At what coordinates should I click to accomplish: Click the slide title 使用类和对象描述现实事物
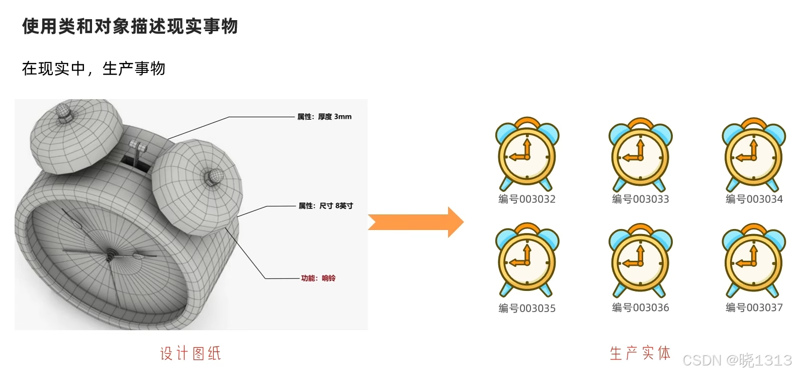coord(130,26)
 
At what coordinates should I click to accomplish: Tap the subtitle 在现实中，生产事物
coord(94,68)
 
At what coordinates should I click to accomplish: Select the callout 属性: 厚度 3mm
coord(324,117)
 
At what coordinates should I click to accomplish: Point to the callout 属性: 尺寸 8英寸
coord(326,206)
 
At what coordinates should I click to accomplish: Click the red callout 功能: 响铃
coord(318,278)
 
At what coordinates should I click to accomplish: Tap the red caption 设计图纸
coord(191,353)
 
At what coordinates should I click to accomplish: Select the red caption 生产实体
coord(640,353)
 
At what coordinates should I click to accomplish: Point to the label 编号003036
coord(640,308)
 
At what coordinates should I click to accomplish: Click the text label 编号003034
coord(754,199)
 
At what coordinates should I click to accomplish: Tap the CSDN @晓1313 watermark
coord(737,360)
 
